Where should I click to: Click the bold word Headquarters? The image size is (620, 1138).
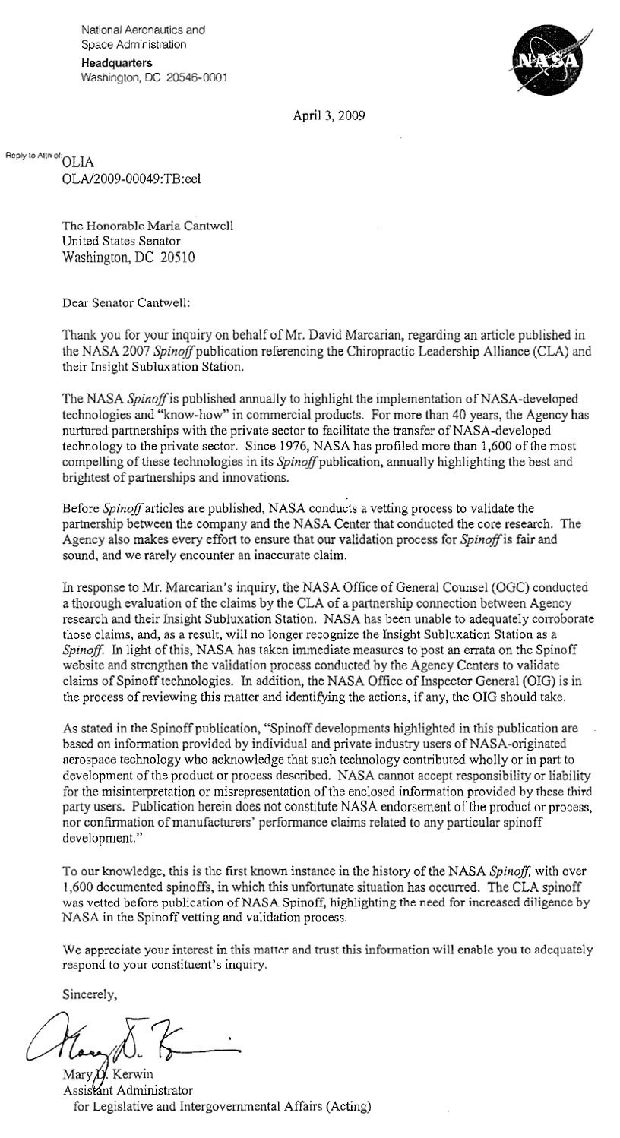(116, 62)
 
